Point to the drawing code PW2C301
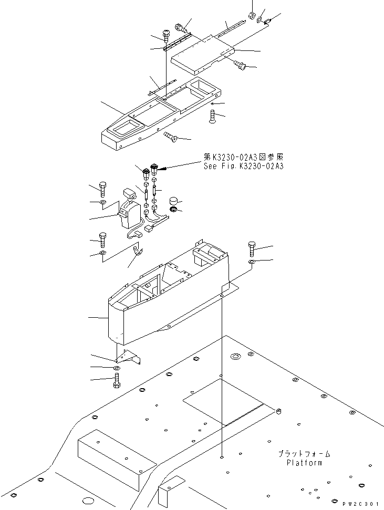362,503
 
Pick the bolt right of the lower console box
253,247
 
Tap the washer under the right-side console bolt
253,261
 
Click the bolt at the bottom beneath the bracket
117,382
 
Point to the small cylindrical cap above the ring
173,202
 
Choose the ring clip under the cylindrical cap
173,211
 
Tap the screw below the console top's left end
169,138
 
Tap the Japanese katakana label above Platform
305,453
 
